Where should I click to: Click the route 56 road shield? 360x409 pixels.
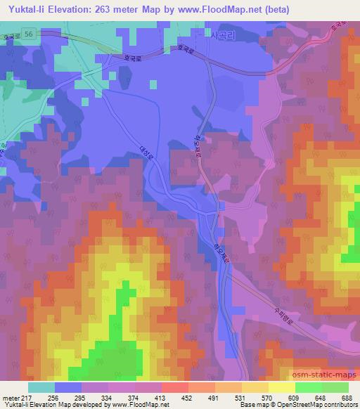[x=27, y=34]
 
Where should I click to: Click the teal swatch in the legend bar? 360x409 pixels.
[x=41, y=387]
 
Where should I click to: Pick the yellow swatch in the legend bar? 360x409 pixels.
[x=282, y=387]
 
